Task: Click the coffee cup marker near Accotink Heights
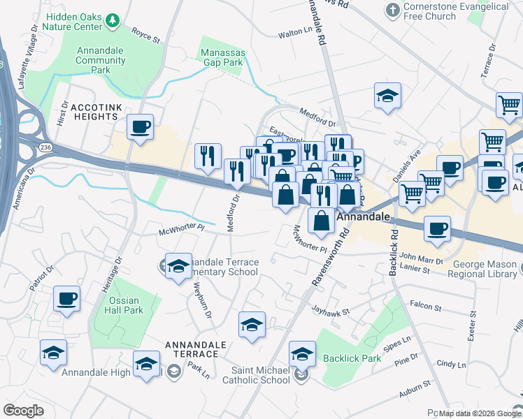pyautogui.click(x=141, y=127)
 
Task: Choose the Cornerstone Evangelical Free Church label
pyautogui.click(x=455, y=12)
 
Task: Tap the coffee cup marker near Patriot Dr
pyautogui.click(x=67, y=299)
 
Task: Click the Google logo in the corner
pyautogui.click(x=24, y=411)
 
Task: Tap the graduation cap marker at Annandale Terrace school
pyautogui.click(x=179, y=266)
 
